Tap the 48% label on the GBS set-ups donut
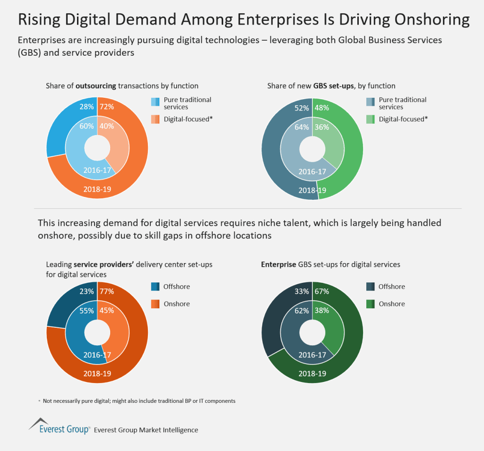coord(321,108)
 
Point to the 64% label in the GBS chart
coord(302,127)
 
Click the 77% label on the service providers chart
coord(106,292)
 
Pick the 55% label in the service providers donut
coord(87,311)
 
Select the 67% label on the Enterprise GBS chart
coord(321,292)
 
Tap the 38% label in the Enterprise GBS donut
coord(321,311)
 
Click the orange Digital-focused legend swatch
coord(156,119)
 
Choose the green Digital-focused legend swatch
coord(371,119)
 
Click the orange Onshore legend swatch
coord(156,304)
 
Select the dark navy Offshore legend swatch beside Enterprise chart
coord(371,287)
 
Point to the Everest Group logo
coord(59,426)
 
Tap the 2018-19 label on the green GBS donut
coord(312,190)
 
